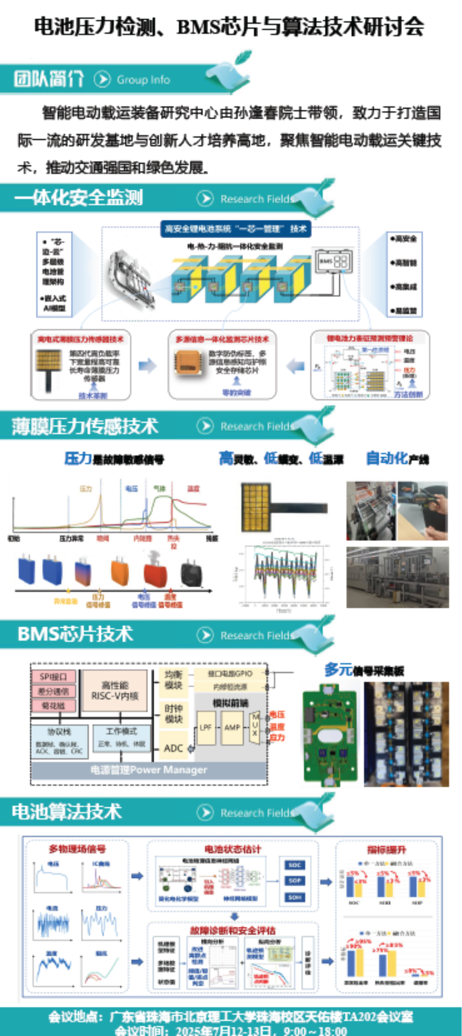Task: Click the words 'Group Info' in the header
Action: (x=143, y=80)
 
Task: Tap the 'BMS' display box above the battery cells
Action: (x=333, y=261)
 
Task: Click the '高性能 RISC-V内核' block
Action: (x=114, y=690)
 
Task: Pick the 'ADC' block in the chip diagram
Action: (x=174, y=748)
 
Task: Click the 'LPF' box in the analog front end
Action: (x=205, y=727)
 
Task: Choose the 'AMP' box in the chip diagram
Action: (x=232, y=727)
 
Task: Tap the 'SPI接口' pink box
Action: (x=53, y=677)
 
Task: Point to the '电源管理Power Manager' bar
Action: (x=149, y=770)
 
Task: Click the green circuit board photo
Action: (x=330, y=735)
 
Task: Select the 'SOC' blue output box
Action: (x=295, y=865)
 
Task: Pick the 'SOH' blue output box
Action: (x=295, y=897)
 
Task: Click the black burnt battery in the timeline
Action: (x=191, y=573)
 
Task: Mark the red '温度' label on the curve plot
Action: (x=193, y=489)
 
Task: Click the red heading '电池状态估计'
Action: (x=233, y=849)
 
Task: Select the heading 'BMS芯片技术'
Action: (x=75, y=634)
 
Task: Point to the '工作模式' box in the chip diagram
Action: (x=121, y=731)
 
